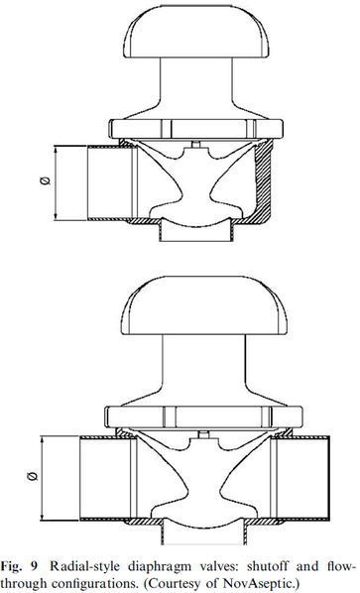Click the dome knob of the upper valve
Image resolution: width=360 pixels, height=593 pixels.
click(x=196, y=32)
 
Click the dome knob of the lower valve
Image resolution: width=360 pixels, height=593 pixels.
click(x=204, y=305)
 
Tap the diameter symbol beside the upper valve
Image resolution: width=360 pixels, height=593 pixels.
click(x=46, y=181)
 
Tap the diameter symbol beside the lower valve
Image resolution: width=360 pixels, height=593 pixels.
click(x=34, y=476)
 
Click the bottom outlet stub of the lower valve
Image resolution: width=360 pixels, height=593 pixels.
click(x=204, y=533)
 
